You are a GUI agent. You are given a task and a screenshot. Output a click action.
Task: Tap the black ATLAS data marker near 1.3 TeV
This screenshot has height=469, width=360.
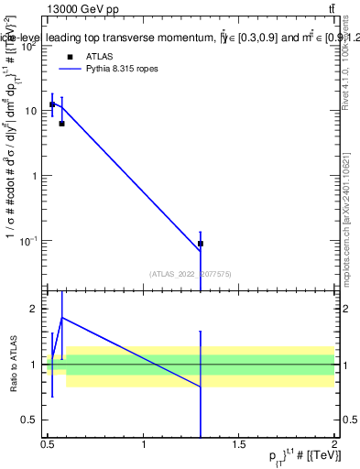[201, 244]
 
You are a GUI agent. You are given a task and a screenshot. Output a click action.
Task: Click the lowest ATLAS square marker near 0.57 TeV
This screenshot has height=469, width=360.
[61, 123]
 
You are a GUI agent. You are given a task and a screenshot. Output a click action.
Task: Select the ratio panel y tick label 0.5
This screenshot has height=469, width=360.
[28, 420]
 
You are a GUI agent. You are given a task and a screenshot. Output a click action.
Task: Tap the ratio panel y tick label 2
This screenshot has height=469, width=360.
[33, 309]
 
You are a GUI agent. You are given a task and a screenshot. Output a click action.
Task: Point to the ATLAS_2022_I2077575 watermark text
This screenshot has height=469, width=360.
[191, 272]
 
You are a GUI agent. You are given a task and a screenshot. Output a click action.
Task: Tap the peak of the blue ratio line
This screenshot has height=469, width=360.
[61, 317]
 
